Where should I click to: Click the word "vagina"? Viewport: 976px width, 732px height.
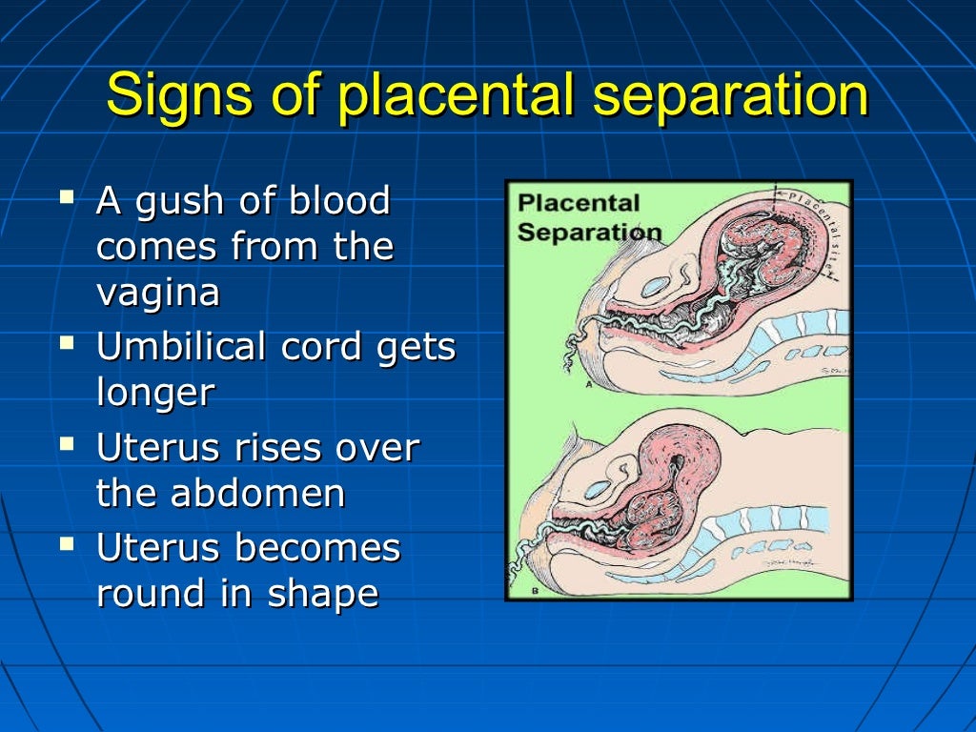(157, 293)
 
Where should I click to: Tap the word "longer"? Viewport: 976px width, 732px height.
(155, 393)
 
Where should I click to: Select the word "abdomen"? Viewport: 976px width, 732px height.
(258, 493)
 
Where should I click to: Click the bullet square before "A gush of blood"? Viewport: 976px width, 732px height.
(66, 198)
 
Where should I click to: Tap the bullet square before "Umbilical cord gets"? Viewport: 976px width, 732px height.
(66, 343)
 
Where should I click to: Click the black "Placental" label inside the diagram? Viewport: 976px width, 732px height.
(578, 204)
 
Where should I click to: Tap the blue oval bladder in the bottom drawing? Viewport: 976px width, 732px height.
(598, 489)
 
